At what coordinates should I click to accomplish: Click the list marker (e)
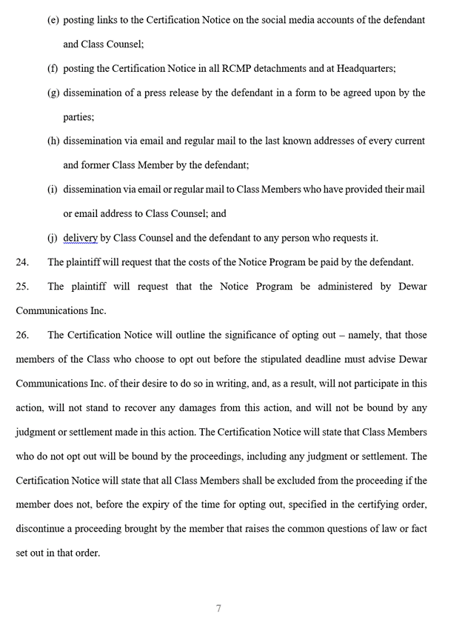(53, 20)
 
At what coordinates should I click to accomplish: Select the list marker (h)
(53, 141)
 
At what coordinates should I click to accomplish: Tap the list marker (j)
(53, 238)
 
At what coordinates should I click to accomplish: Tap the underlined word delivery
(80, 238)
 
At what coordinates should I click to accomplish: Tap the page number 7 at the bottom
(218, 608)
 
